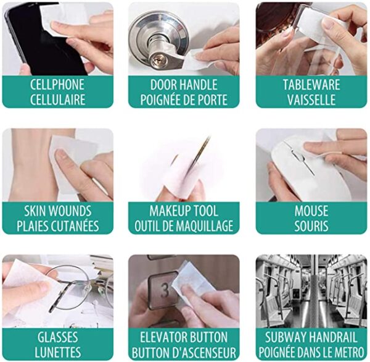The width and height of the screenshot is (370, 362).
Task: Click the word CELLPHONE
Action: coord(57,85)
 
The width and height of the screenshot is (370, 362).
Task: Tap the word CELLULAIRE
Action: coord(57,99)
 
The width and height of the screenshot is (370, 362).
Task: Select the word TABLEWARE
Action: coord(311,85)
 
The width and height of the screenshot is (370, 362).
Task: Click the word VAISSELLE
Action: coord(311,99)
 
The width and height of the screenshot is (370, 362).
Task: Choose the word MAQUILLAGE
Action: coord(205,226)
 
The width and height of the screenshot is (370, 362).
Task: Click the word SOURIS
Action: coord(311,226)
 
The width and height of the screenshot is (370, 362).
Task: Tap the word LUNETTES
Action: coord(58,352)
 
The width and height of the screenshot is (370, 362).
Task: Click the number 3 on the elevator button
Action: coord(165,291)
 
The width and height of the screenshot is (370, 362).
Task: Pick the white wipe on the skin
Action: coord(75,163)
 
